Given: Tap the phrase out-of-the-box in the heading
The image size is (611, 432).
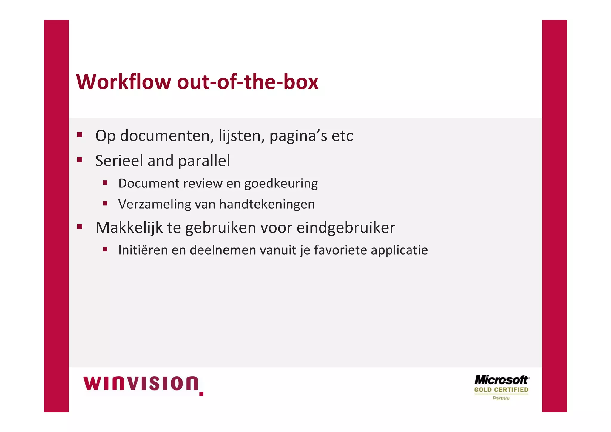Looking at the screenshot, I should (248, 82).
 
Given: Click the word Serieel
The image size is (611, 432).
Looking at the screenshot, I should (119, 161).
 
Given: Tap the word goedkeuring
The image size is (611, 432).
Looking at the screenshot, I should (281, 183).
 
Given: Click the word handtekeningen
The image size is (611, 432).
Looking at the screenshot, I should (267, 204).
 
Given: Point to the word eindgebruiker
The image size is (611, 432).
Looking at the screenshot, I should (346, 227).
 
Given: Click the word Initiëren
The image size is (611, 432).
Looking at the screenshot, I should (143, 250).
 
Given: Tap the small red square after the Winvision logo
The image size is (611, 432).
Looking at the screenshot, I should (201, 394).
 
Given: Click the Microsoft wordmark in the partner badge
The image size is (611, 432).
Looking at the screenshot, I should (501, 380).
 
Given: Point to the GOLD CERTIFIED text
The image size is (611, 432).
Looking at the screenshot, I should (501, 390).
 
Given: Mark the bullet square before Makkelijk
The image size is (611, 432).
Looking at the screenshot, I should (80, 226).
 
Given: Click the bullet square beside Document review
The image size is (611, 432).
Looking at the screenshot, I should (105, 182).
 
